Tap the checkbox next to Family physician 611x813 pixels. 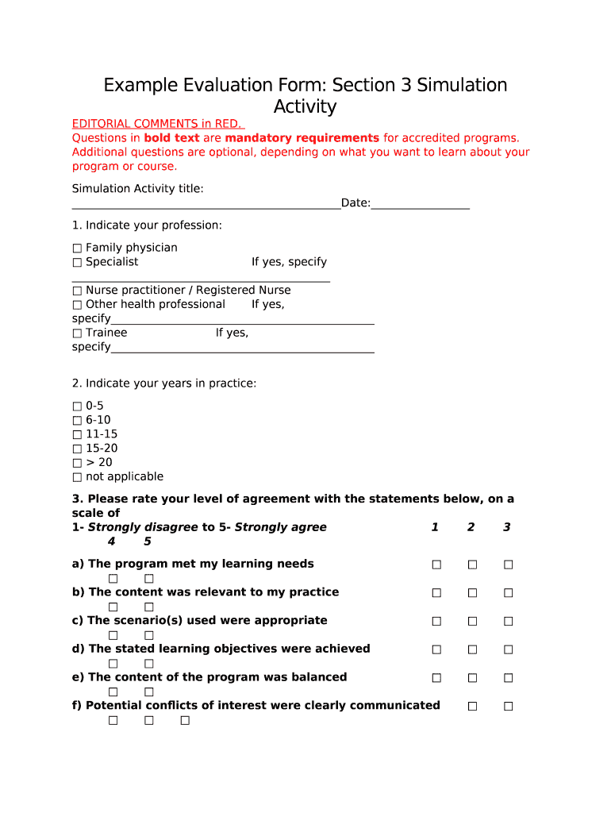[x=77, y=248]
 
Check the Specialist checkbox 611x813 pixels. [x=77, y=262]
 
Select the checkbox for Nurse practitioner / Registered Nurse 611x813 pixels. [x=77, y=291]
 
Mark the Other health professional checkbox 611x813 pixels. [x=77, y=305]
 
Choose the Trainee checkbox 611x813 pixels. [x=77, y=333]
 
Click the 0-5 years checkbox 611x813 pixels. [x=77, y=406]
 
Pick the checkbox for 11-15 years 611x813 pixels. [x=77, y=434]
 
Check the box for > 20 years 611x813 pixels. [x=77, y=463]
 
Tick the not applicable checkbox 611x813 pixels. [x=77, y=477]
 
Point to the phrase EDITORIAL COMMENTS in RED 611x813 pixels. [x=158, y=124]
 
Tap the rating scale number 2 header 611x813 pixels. [x=471, y=527]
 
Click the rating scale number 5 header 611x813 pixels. [x=148, y=541]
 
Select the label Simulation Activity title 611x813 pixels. [x=137, y=188]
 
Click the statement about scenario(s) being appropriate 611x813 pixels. [x=199, y=620]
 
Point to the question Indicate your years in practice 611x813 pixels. [x=164, y=383]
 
